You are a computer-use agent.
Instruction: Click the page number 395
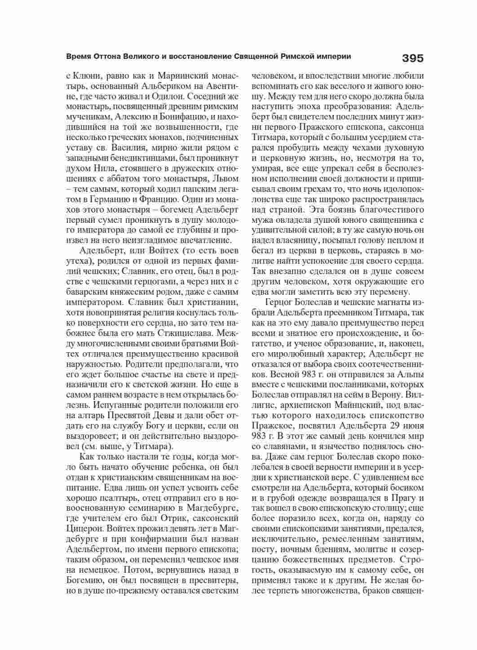tap(412, 58)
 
